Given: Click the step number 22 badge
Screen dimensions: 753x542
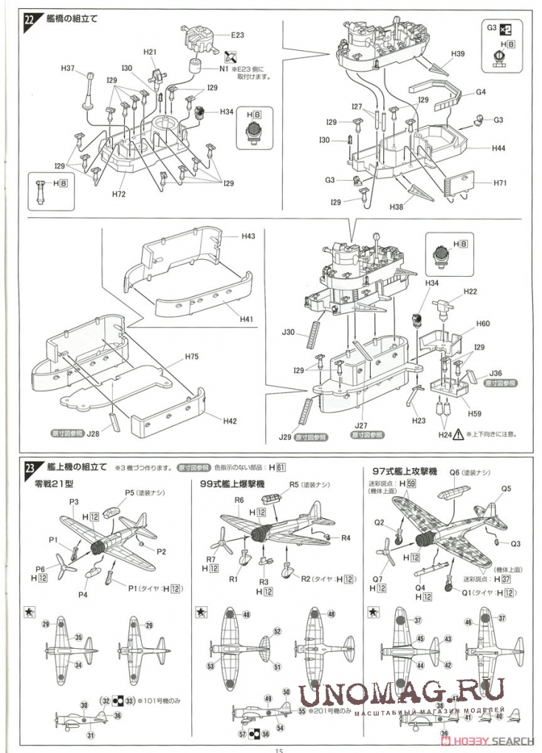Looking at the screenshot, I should tap(29, 20).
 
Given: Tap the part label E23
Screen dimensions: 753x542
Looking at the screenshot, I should tap(237, 35).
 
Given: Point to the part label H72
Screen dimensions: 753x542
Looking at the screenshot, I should tap(119, 194).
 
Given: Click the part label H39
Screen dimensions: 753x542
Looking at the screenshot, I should tap(458, 55).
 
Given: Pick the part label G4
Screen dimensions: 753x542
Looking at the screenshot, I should tap(480, 92).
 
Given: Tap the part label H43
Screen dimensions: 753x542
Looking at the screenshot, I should tap(248, 236).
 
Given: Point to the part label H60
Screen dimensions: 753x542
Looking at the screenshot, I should tap(483, 324).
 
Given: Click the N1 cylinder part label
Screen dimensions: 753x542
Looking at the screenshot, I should tap(224, 69).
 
